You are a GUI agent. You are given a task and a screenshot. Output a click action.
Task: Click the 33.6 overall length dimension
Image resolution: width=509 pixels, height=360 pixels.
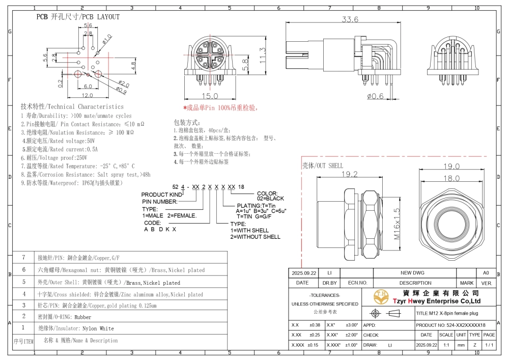click(x=350, y=19)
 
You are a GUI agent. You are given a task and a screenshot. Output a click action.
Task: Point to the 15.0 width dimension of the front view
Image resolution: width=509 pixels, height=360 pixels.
click(x=209, y=96)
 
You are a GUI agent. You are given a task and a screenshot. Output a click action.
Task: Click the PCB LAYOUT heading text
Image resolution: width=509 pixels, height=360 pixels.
click(x=77, y=17)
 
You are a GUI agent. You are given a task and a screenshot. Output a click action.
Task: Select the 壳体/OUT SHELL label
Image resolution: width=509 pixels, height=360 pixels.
click(x=323, y=165)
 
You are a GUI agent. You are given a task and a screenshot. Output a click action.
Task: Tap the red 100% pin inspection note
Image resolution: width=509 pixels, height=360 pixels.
click(x=220, y=108)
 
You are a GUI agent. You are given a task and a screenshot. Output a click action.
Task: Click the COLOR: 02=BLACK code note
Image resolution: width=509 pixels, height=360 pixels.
click(x=270, y=196)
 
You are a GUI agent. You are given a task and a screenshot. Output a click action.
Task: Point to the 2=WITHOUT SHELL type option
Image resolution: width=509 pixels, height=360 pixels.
click(x=255, y=237)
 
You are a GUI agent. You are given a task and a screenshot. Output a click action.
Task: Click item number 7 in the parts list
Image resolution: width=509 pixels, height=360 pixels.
click(x=23, y=258)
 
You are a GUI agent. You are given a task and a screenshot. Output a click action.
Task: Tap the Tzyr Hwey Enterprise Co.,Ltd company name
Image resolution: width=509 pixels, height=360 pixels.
click(x=435, y=301)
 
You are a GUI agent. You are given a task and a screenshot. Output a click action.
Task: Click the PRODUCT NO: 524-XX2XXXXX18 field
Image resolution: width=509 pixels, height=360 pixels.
click(x=450, y=325)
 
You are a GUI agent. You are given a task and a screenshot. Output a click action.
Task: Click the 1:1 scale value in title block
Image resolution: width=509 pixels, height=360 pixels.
click(x=446, y=345)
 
